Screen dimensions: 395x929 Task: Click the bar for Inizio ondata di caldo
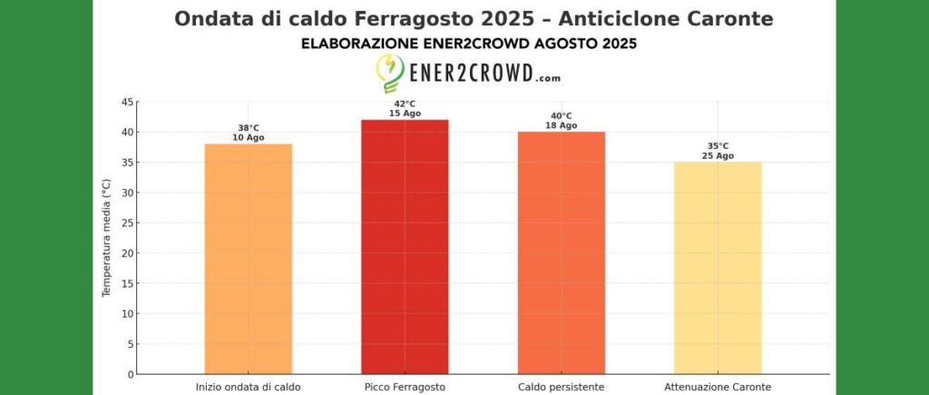[x=248, y=259]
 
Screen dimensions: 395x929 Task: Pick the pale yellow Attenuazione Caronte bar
[x=718, y=268]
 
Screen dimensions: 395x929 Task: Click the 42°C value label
[x=405, y=104]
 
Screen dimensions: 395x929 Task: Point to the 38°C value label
[x=248, y=128]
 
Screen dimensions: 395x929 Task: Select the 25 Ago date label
[x=718, y=156]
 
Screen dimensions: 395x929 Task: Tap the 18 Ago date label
[x=562, y=125]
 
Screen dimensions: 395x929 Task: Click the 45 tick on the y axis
[x=128, y=102]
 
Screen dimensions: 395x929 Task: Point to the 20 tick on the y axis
[x=128, y=253]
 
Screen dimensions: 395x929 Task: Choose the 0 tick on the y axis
[x=131, y=374]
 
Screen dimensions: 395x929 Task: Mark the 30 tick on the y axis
[x=128, y=193]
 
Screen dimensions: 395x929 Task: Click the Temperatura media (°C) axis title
[x=106, y=238]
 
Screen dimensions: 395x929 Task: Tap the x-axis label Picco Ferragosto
[x=405, y=387]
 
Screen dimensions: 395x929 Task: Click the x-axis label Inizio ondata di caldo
[x=248, y=387]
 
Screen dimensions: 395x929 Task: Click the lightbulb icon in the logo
[x=390, y=74]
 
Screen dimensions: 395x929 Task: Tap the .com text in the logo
[x=548, y=78]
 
